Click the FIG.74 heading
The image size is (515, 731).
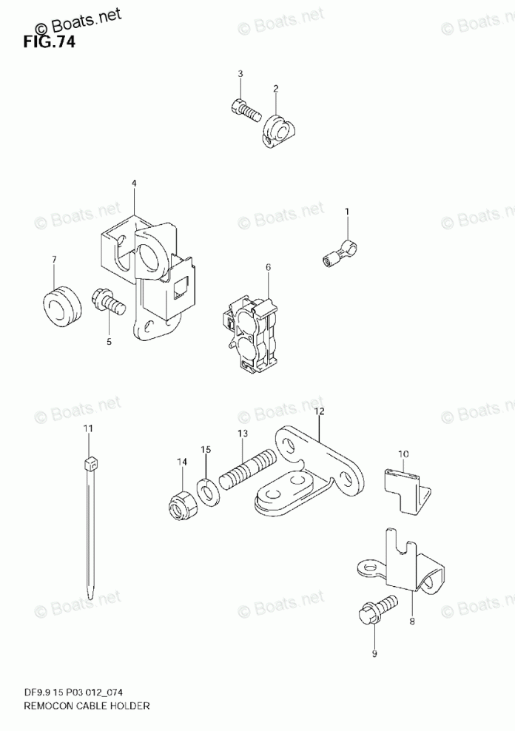[49, 41]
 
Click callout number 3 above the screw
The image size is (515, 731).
[240, 74]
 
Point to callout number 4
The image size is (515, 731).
[134, 183]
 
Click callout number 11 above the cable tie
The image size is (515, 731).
[88, 428]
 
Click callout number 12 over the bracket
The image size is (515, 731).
[319, 411]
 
